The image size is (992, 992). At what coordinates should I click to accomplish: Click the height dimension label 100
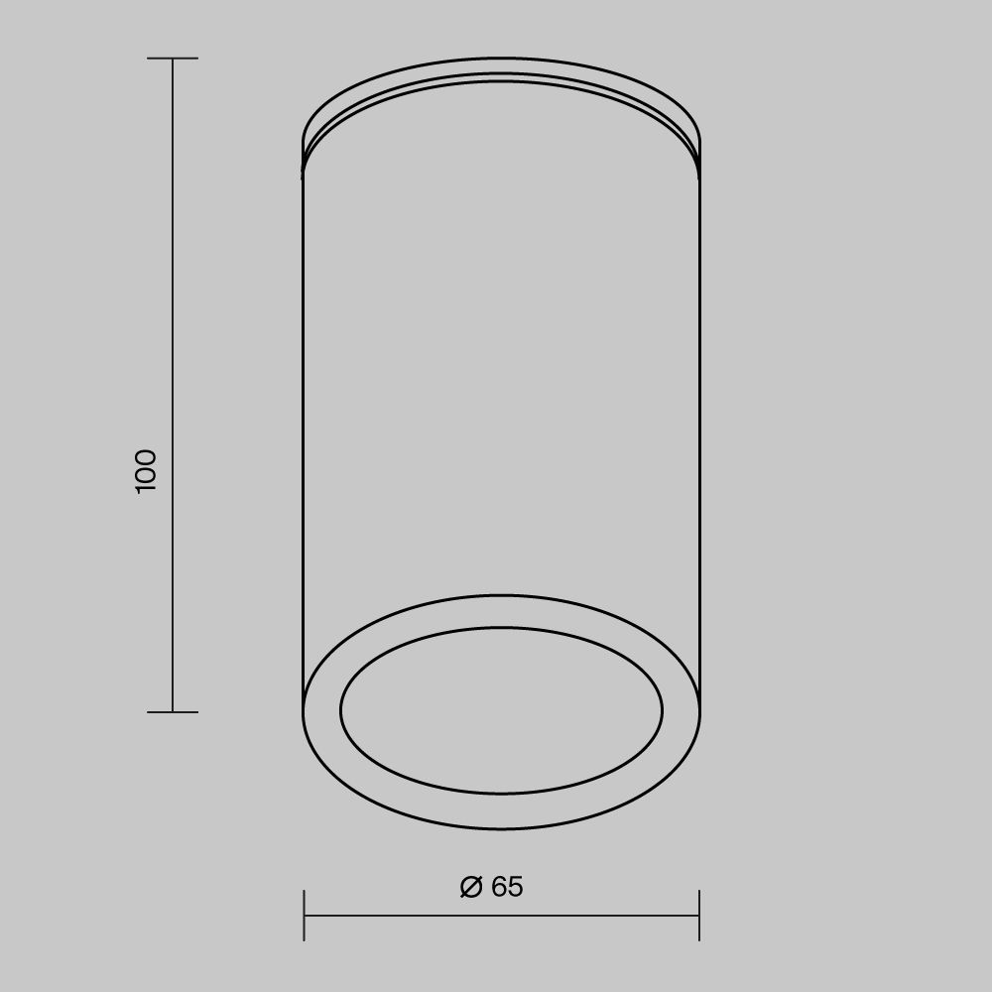pos(146,471)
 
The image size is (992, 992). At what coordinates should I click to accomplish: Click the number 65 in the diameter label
pos(507,886)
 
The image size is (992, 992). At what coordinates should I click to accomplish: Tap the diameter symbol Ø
pos(471,886)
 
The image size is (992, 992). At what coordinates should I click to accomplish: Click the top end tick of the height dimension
pos(173,59)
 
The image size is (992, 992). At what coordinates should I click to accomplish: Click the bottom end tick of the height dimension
pos(173,711)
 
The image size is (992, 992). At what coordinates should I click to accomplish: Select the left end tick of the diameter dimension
pos(305,915)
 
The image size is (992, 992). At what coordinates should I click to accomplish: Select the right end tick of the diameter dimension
pos(699,915)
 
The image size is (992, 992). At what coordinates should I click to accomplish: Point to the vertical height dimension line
pos(173,385)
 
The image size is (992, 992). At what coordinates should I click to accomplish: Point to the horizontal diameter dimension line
pos(502,915)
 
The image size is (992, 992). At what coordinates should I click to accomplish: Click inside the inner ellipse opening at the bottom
pos(502,710)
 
